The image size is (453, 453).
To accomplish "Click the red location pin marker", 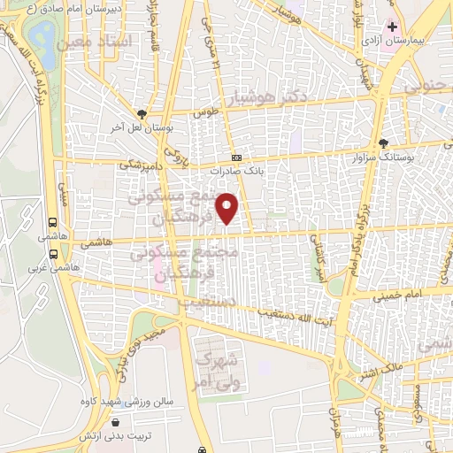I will [x=228, y=207].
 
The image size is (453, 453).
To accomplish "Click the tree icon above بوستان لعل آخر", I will [x=142, y=114].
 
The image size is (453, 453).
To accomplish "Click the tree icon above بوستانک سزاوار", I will [x=382, y=142].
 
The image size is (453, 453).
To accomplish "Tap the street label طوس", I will [x=207, y=112].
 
